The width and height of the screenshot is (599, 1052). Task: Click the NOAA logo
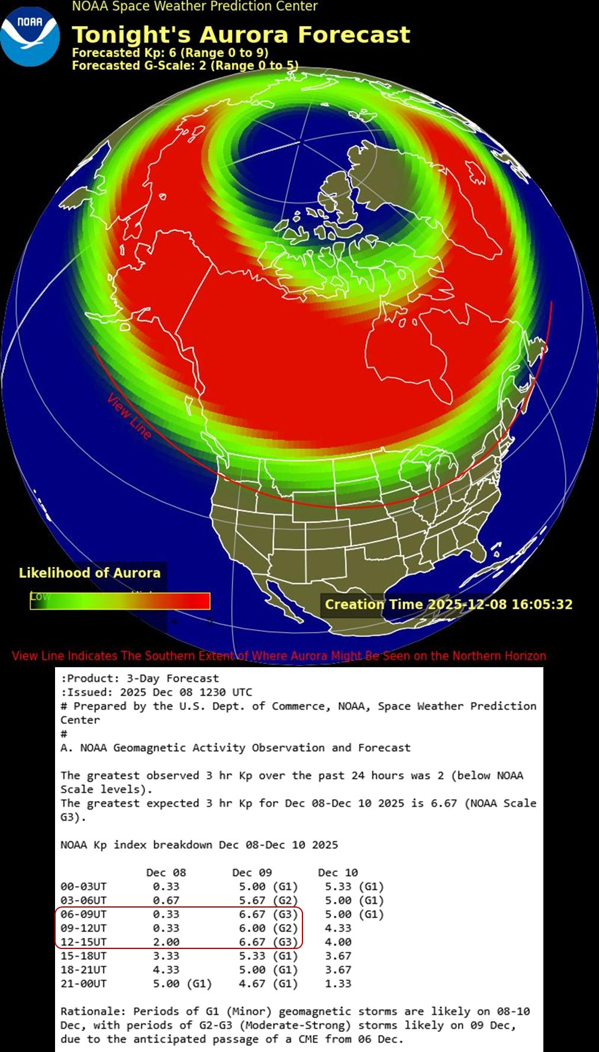(30, 36)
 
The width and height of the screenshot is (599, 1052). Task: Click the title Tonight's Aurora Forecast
(241, 34)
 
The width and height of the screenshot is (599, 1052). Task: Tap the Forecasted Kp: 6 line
(170, 53)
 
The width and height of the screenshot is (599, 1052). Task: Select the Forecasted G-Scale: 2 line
(185, 65)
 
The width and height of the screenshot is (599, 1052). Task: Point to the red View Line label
(129, 416)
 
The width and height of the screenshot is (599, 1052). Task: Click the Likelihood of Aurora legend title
(89, 572)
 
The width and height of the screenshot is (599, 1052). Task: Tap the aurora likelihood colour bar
(120, 601)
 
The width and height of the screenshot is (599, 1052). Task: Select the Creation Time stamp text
(449, 604)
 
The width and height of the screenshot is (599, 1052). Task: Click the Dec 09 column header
(252, 873)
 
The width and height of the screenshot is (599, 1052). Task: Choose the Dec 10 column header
(337, 873)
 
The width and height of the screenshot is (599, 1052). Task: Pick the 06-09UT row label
(83, 914)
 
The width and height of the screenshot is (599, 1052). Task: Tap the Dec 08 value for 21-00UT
(182, 983)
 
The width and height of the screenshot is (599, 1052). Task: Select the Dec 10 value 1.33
(338, 983)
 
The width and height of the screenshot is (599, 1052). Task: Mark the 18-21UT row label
(83, 970)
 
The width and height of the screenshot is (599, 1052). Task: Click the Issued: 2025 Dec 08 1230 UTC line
(156, 692)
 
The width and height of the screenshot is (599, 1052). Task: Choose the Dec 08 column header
(166, 873)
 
